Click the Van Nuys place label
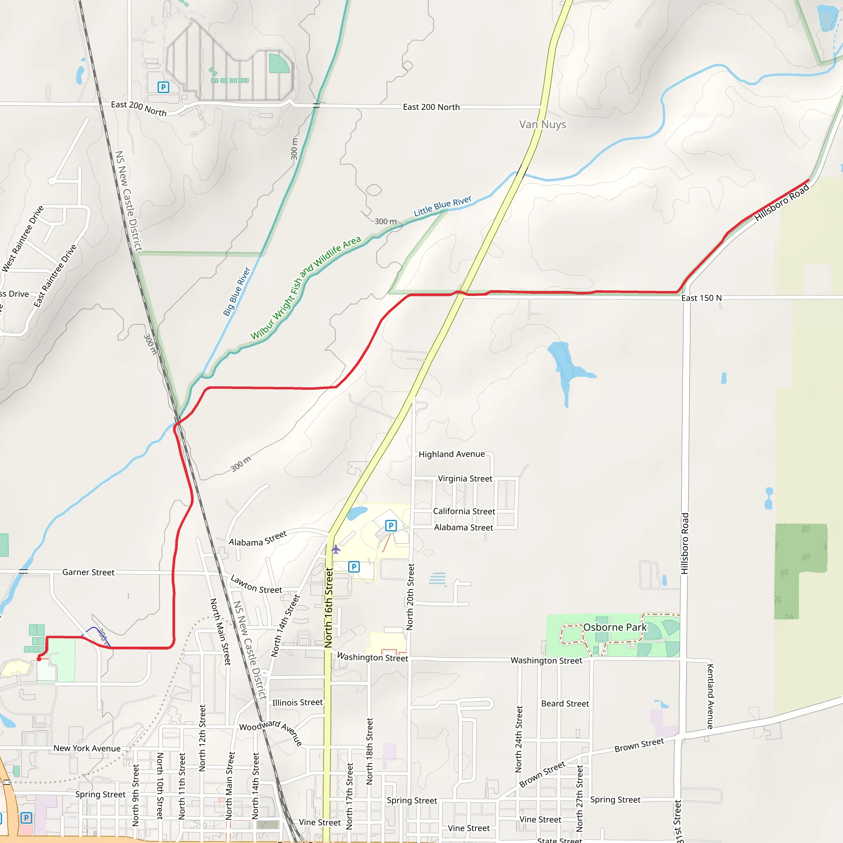coord(543,124)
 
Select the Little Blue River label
coord(442,206)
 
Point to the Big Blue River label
coord(237,291)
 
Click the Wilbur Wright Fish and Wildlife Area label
coord(305,288)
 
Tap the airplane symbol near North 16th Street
coord(335,549)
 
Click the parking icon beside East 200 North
coord(163,87)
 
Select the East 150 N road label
coord(701,298)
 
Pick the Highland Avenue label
coord(452,454)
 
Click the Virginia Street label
coord(465,479)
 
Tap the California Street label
coord(464,511)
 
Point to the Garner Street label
coord(88,572)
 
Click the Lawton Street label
coord(256,584)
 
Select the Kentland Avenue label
coord(710,696)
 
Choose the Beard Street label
coord(565,703)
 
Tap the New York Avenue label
coord(87,748)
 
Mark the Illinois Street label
coord(297,703)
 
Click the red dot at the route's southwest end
coord(39,659)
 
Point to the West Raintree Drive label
coord(23,239)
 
